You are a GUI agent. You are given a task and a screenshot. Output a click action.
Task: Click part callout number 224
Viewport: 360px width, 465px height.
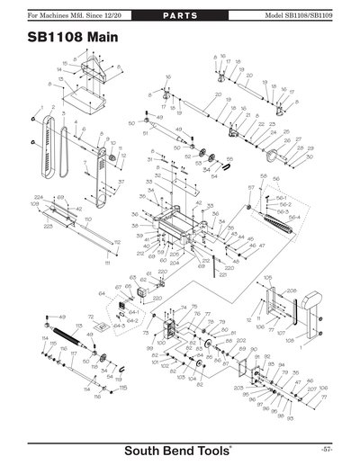coord(39,196)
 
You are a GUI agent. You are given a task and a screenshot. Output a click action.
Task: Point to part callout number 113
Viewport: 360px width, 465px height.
coord(78,326)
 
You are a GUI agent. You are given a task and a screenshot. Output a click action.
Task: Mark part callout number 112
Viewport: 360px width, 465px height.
coord(117,242)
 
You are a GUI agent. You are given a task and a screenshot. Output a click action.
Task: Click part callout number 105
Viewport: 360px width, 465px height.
coord(267,279)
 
